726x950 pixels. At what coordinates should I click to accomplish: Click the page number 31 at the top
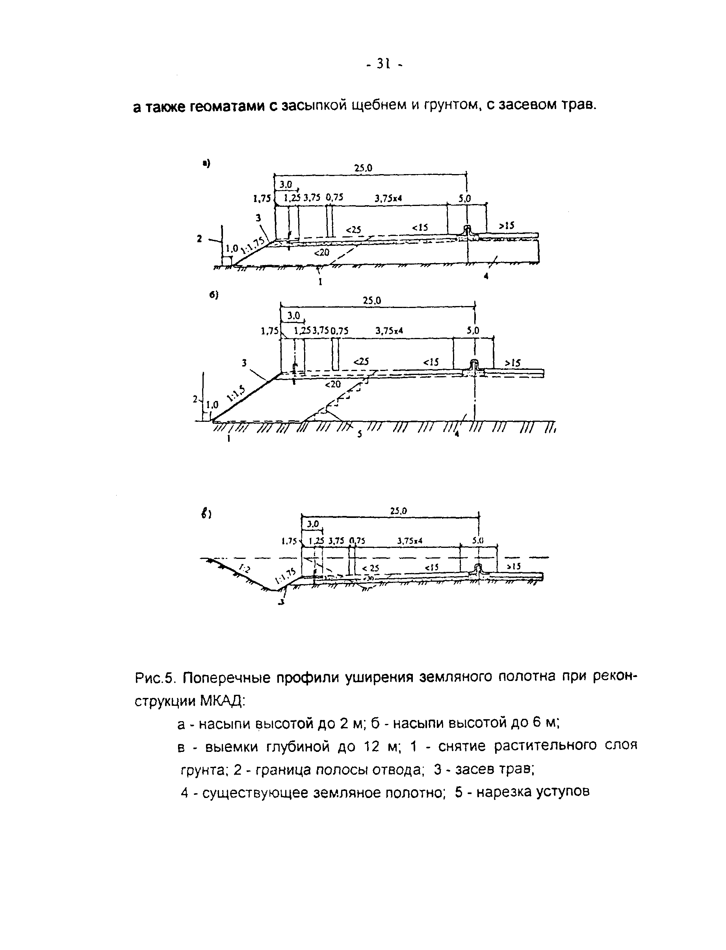coord(384,64)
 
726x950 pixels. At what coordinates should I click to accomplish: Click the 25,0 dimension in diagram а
coord(363,169)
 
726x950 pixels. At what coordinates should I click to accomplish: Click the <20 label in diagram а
coord(321,253)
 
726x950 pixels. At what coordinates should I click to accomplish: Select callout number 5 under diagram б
coord(360,434)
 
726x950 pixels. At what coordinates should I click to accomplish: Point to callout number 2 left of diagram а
coord(199,238)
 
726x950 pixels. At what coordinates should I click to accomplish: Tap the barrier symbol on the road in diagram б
coord(475,364)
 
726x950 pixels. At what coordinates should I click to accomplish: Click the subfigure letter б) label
coord(214,295)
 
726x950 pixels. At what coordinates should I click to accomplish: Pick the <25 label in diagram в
coord(370,568)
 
